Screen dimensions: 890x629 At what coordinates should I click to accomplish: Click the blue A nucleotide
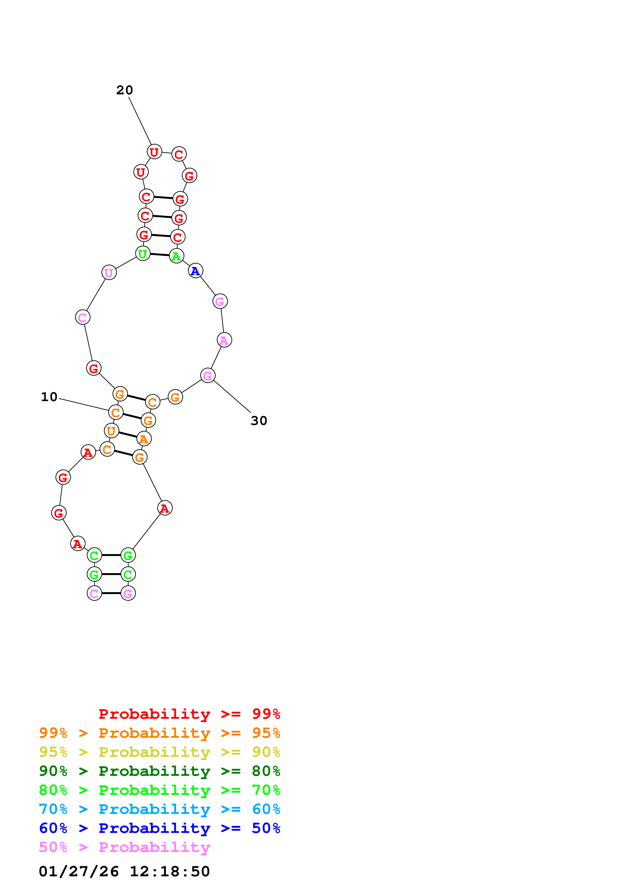point(195,270)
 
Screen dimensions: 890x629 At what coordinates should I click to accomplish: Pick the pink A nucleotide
point(224,340)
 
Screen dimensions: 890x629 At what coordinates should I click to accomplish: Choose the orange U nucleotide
point(111,430)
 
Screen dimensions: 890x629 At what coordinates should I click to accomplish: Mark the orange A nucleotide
point(144,439)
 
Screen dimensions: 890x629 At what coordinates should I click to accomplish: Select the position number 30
point(259,421)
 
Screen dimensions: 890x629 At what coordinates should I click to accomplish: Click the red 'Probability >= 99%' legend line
point(189,714)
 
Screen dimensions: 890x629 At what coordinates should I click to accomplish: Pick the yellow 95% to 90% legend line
point(159,752)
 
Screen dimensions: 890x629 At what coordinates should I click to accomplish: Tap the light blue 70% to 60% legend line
point(159,809)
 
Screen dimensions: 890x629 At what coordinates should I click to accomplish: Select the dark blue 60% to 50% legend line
point(159,828)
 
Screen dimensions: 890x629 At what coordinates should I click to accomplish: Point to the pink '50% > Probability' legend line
point(124,847)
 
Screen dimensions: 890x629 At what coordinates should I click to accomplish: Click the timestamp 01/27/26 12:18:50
point(124,871)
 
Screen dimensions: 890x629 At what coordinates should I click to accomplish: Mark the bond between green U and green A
point(160,255)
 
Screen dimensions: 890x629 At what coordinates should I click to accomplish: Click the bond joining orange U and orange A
point(128,435)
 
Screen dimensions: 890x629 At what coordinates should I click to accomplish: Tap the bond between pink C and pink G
point(111,593)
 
